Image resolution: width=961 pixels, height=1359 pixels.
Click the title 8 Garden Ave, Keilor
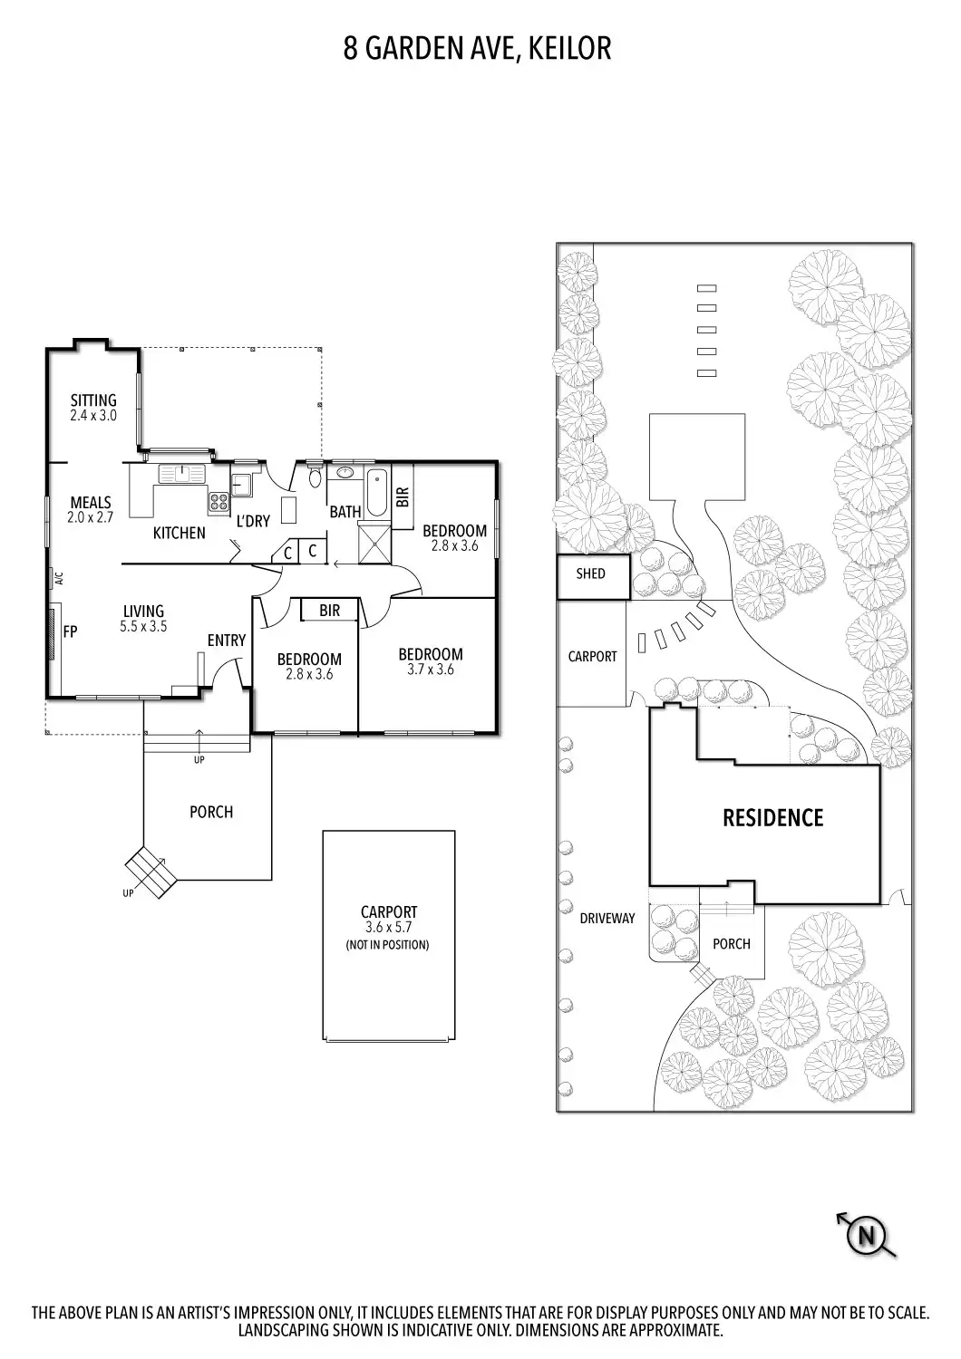(x=477, y=48)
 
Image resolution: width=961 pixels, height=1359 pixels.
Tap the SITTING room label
(x=93, y=400)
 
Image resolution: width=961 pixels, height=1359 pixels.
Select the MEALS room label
(x=91, y=503)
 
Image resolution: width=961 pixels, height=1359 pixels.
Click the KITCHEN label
(x=179, y=533)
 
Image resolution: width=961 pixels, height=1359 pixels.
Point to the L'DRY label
(x=253, y=522)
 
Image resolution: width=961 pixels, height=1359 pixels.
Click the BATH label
(x=345, y=512)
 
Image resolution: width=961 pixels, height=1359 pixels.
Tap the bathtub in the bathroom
(x=376, y=492)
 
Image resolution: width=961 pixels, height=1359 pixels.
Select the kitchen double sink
(x=183, y=473)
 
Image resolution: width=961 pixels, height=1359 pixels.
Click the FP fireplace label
(x=70, y=631)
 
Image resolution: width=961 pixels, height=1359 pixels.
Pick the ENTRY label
(x=226, y=641)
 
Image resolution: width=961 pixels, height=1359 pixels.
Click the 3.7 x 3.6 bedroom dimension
(x=431, y=670)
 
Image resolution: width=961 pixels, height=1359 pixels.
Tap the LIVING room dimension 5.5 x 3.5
(x=143, y=626)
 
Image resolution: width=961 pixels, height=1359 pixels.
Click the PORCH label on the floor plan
(x=211, y=812)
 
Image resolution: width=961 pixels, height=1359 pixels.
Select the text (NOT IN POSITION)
(x=388, y=945)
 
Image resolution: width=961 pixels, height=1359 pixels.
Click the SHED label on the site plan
(x=590, y=573)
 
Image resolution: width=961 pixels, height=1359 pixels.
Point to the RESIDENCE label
(x=772, y=818)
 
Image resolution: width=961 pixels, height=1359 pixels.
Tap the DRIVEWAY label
(x=607, y=918)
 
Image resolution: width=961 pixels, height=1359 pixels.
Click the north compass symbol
(x=867, y=1235)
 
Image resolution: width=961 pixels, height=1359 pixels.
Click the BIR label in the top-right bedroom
(x=403, y=496)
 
